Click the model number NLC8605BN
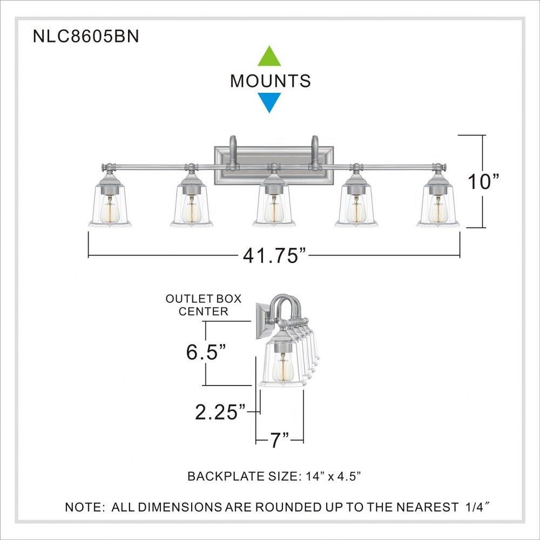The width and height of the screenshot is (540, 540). point(86,36)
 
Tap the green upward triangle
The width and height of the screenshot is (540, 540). point(269,56)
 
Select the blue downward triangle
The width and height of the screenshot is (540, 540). point(269,103)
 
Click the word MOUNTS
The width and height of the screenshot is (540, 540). point(271,80)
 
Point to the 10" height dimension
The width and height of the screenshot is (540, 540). point(483,181)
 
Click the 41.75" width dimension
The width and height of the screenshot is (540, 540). point(274,256)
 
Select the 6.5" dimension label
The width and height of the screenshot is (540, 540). point(206,352)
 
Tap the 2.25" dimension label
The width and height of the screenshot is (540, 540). point(220,412)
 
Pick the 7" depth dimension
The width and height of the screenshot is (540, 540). point(279,440)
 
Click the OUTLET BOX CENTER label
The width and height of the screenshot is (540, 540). point(204,305)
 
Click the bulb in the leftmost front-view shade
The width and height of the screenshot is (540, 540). point(110,210)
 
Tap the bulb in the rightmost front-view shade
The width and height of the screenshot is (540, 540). point(438,210)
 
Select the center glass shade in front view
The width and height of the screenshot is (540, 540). point(274,205)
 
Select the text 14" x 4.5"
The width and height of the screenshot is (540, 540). point(333,477)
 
